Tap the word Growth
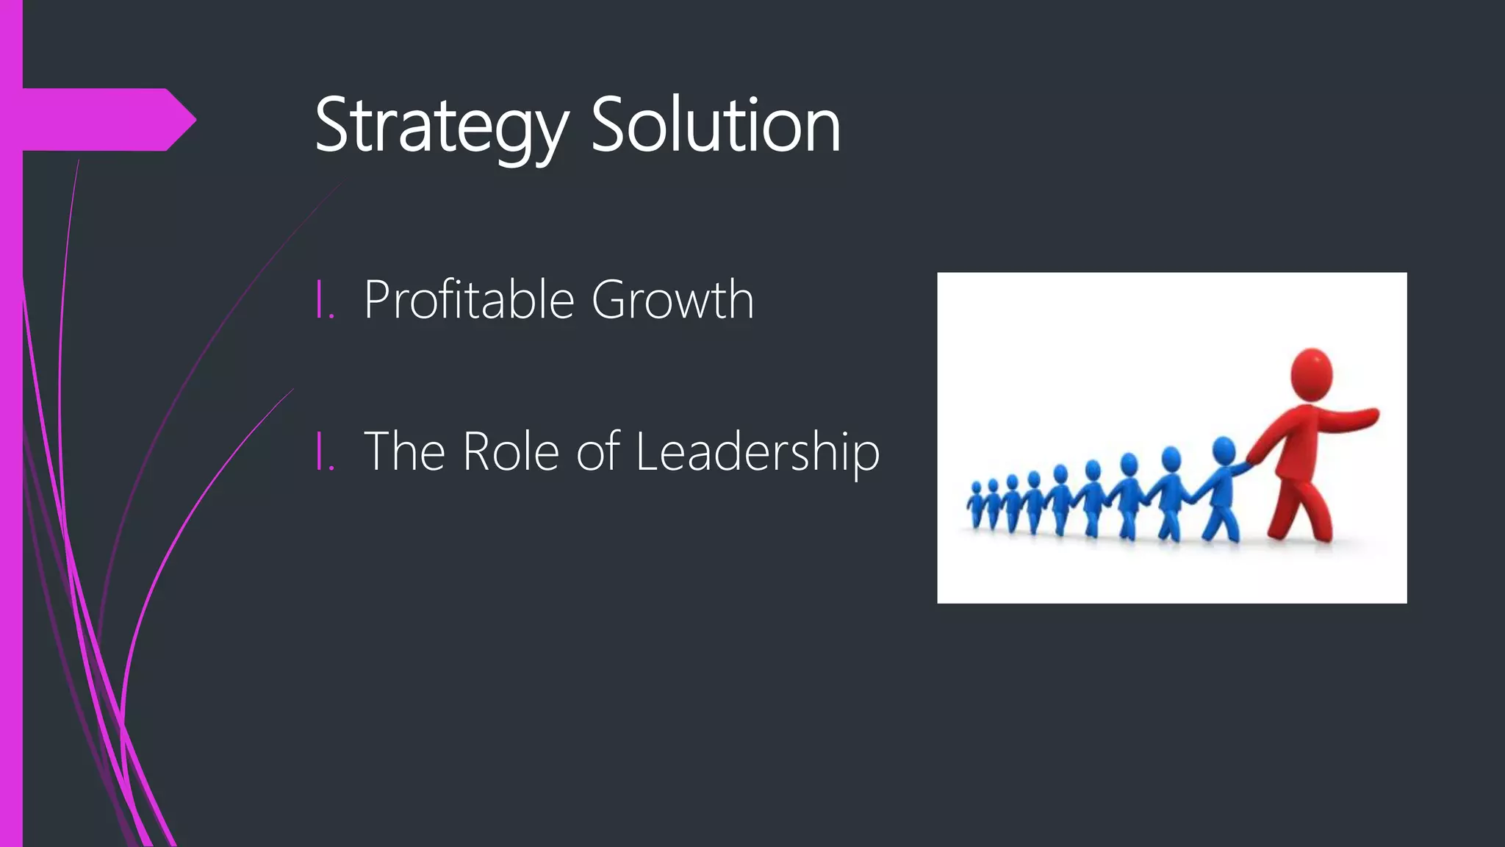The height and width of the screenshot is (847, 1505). tap(672, 300)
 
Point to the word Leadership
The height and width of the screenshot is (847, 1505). tap(757, 451)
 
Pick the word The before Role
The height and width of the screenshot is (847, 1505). tap(404, 451)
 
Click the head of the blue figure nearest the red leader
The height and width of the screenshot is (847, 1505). tap(1223, 450)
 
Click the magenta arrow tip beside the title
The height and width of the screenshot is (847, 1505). tap(184, 119)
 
